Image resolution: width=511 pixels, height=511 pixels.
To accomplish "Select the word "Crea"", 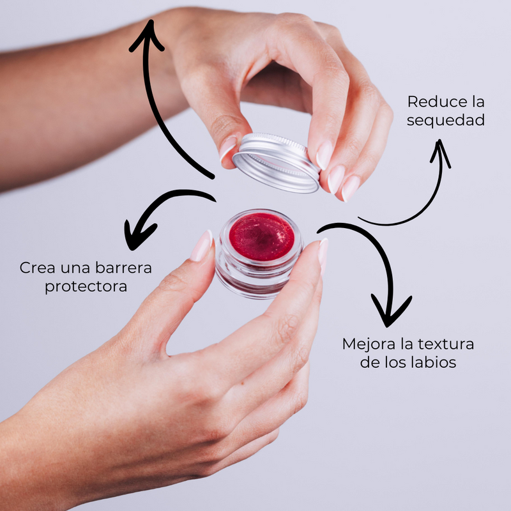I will coord(37,267).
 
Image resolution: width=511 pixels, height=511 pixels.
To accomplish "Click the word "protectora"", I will coord(86,286).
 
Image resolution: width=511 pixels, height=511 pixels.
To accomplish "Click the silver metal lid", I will coord(276,163).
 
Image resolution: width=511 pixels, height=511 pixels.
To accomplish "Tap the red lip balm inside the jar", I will coord(262,236).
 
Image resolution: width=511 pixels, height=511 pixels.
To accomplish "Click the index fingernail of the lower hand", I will coord(202,247).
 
